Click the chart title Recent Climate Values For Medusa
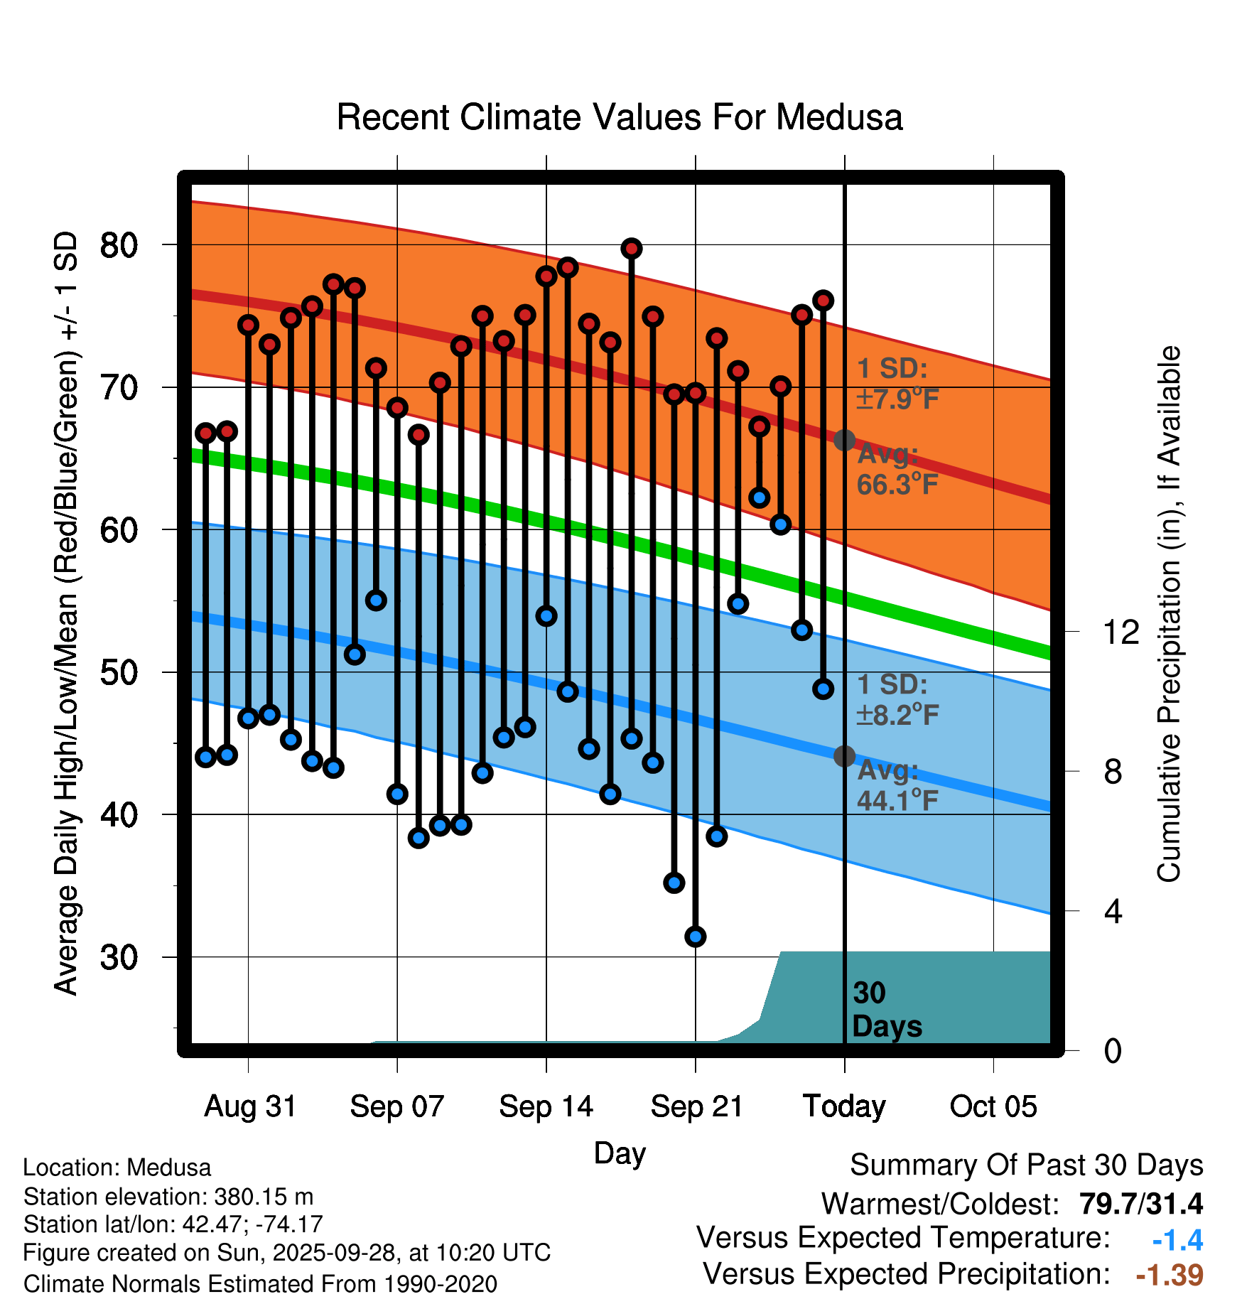[619, 117]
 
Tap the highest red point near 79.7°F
[631, 249]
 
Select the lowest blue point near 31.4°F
[695, 937]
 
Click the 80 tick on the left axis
[119, 245]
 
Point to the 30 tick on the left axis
[119, 957]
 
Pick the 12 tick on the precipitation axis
[1120, 632]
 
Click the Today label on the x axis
[844, 1106]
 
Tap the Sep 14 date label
[546, 1106]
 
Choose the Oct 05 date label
[993, 1106]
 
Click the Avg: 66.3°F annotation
[897, 470]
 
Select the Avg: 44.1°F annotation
[897, 785]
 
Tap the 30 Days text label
[886, 1010]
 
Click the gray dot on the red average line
[844, 441]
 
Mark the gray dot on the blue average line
[844, 756]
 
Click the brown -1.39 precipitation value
[1170, 1275]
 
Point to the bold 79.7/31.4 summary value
[1140, 1204]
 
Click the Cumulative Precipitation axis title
[1169, 614]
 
